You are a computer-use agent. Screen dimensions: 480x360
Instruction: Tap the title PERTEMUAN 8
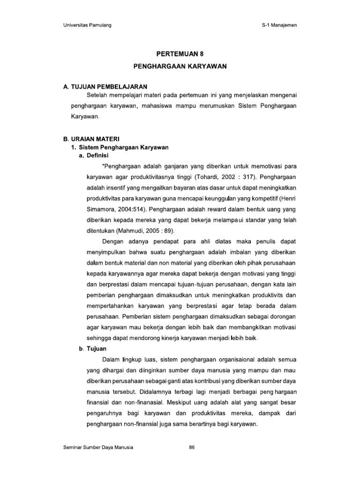pyautogui.click(x=180, y=54)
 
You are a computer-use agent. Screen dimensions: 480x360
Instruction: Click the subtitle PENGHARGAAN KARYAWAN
pyautogui.click(x=180, y=66)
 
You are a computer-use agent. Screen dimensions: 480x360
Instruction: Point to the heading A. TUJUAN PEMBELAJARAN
pyautogui.click(x=105, y=87)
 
